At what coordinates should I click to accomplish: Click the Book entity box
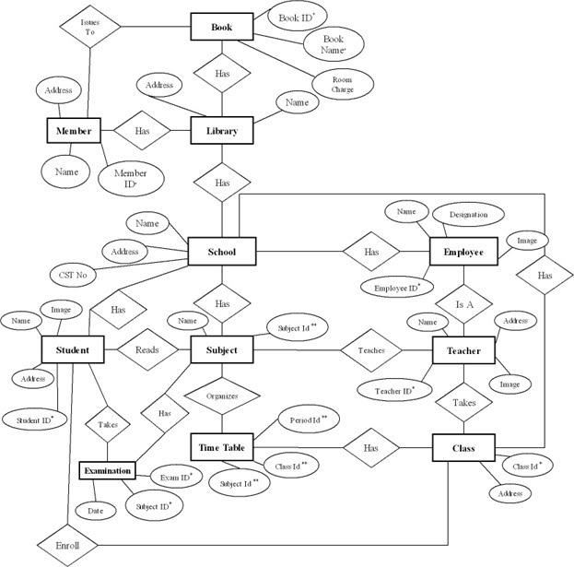(x=221, y=27)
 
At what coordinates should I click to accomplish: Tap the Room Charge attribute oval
(x=343, y=85)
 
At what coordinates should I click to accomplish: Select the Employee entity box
(x=463, y=252)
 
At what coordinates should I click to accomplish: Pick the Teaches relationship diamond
(x=371, y=350)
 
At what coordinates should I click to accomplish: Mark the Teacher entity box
(x=463, y=350)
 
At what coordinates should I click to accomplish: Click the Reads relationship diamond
(x=147, y=350)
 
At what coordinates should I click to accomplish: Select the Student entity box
(x=72, y=350)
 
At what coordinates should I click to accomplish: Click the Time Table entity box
(x=221, y=448)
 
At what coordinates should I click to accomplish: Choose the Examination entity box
(x=109, y=471)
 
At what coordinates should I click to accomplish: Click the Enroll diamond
(x=68, y=546)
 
